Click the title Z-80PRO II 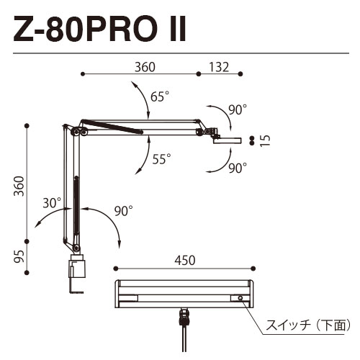coord(99,29)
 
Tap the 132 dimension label coord(219,68)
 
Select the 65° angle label coord(160,96)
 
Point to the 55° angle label coord(162,159)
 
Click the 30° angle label coord(52,203)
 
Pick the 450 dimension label coord(185,261)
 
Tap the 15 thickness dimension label coord(265,140)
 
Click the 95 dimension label coord(19,256)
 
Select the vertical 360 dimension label coord(19,186)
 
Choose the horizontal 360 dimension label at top coord(145,68)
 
